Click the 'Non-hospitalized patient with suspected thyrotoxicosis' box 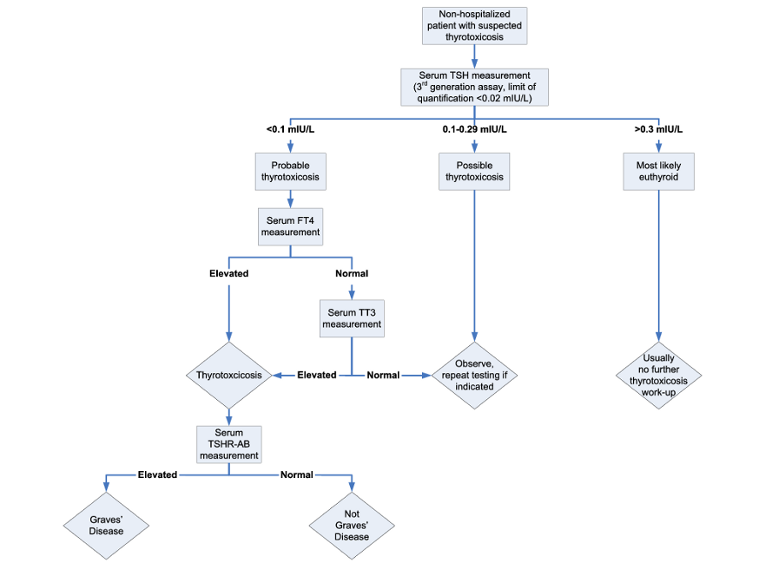click(x=474, y=26)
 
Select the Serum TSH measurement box click(x=474, y=87)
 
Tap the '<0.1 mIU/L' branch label click(x=290, y=129)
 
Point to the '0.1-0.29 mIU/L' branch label click(x=474, y=129)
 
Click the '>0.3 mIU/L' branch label click(x=658, y=129)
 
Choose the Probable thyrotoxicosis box click(x=290, y=172)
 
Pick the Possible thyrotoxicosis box click(x=474, y=172)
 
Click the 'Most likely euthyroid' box click(x=658, y=172)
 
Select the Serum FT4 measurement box click(x=290, y=226)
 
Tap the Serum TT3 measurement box click(x=352, y=318)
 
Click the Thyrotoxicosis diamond click(x=229, y=376)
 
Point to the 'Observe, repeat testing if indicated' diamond click(x=474, y=376)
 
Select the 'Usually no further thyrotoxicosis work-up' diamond click(x=658, y=376)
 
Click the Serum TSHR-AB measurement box click(x=229, y=444)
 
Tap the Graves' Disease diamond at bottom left click(x=106, y=526)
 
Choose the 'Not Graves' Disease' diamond click(x=352, y=526)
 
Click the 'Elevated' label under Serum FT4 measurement click(x=229, y=273)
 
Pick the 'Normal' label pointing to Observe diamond click(x=383, y=376)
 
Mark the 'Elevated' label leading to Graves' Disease click(x=157, y=474)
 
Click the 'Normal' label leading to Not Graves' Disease click(x=297, y=474)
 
